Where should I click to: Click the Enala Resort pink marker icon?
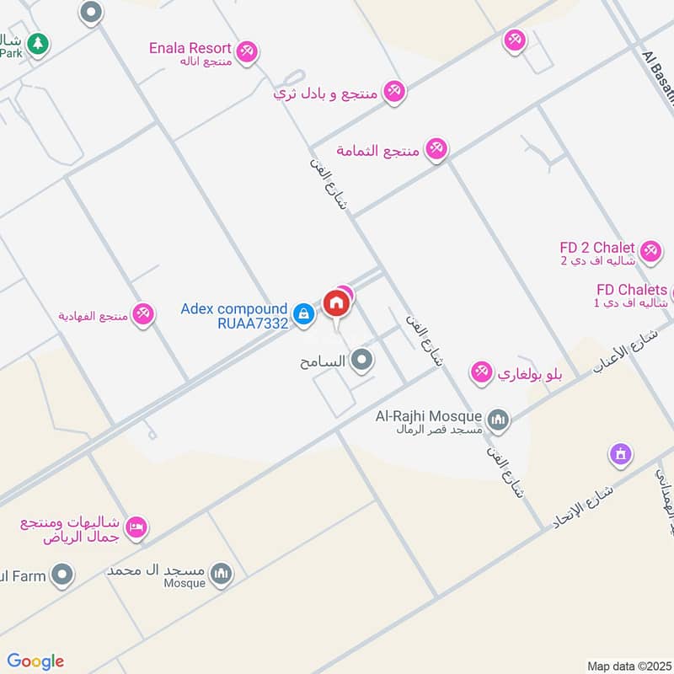tap(246, 51)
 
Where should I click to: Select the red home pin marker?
tap(335, 302)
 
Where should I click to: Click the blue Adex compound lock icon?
tap(304, 315)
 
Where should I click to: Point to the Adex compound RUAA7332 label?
tap(233, 315)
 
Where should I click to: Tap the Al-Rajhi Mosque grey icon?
tap(499, 419)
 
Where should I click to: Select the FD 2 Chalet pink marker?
tap(650, 250)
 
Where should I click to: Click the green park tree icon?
tap(36, 42)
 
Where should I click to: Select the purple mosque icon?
tap(621, 455)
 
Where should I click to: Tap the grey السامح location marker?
tap(363, 361)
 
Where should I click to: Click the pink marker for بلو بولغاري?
tap(481, 372)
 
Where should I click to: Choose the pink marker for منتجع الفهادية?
tap(144, 314)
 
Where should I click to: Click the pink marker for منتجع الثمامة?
tap(436, 149)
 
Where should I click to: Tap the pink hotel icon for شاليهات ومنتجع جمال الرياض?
tap(136, 528)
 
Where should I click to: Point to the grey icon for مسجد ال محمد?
tap(222, 574)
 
